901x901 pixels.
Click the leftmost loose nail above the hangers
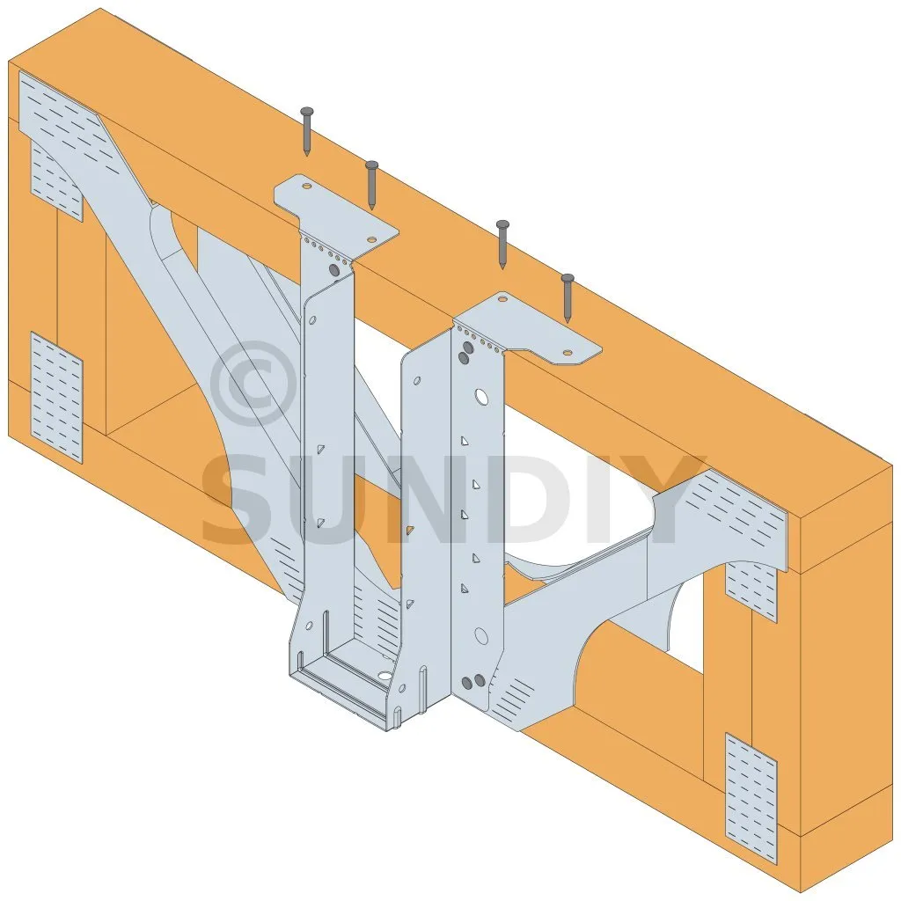pyautogui.click(x=307, y=131)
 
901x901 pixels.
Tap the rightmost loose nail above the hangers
pyautogui.click(x=568, y=297)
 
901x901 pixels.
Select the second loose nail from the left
pyautogui.click(x=372, y=185)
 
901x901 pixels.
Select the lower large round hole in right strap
pyautogui.click(x=481, y=635)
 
